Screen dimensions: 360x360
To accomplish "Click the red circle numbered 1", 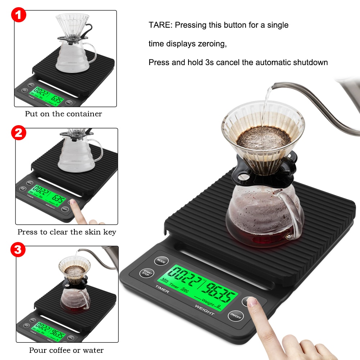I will point(19,15).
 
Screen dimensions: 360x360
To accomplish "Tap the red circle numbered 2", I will point(19,133).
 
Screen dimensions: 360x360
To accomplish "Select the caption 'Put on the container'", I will point(63,114).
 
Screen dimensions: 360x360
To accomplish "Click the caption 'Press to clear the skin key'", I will point(67,232).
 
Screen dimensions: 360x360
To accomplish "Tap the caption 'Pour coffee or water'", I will point(66,350).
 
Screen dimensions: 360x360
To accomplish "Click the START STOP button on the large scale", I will point(146,273).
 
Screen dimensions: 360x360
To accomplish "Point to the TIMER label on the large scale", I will point(162,289).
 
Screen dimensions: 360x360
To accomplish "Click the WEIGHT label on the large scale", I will point(204,310).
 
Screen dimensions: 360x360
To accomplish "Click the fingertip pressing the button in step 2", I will point(74,203).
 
